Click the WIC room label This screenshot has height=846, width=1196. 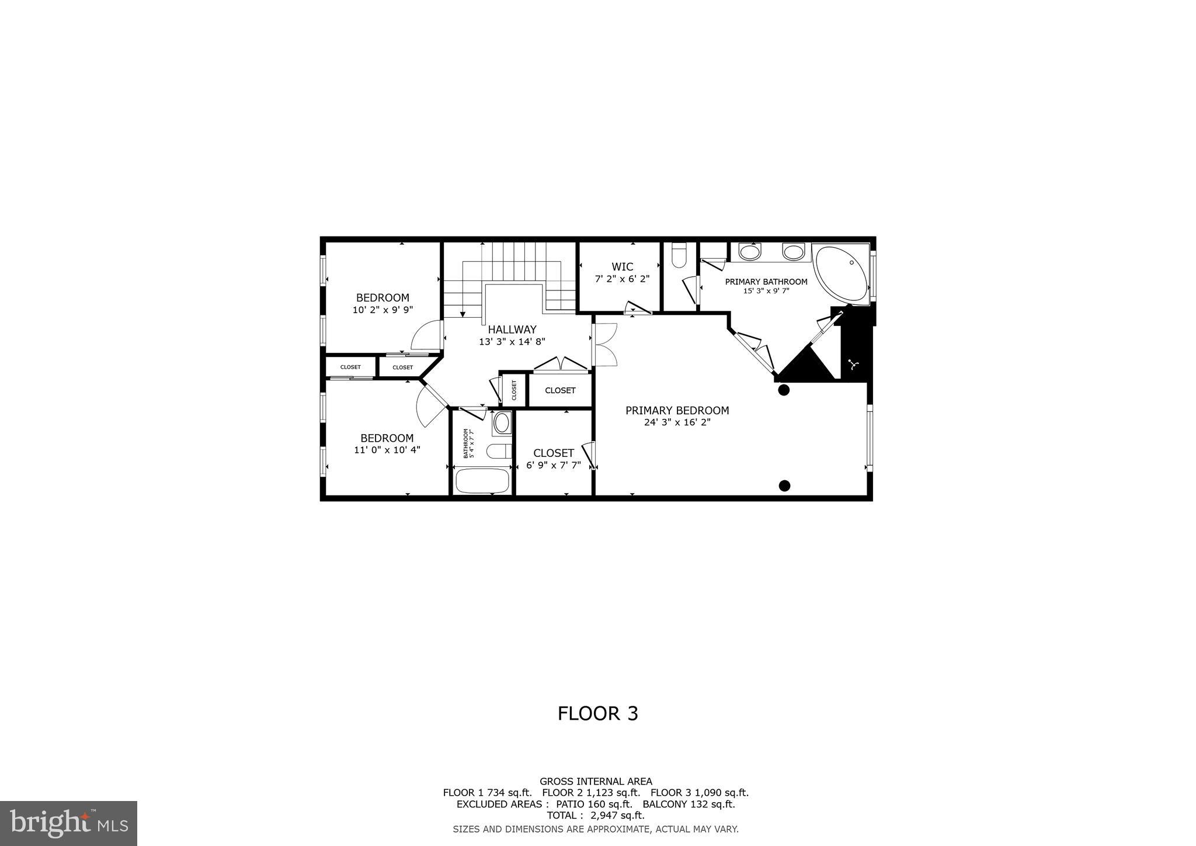click(622, 267)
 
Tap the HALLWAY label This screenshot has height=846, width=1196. click(512, 330)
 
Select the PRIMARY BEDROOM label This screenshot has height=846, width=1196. click(677, 411)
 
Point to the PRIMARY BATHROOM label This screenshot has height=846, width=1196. click(766, 282)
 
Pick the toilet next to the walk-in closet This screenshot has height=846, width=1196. click(679, 256)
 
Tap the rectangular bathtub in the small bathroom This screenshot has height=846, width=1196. click(482, 481)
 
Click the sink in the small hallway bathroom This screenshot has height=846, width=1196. click(502, 423)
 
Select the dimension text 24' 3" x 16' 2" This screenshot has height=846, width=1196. click(677, 422)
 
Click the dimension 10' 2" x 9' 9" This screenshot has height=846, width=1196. click(383, 310)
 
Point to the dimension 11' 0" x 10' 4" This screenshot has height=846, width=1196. click(387, 450)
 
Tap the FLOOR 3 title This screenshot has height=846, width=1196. click(597, 713)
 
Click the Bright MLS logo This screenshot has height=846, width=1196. click(68, 823)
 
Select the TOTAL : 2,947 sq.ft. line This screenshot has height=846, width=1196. click(596, 815)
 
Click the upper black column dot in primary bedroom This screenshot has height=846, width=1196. click(784, 390)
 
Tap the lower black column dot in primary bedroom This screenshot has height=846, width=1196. click(785, 485)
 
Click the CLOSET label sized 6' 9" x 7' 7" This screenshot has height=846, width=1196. click(553, 453)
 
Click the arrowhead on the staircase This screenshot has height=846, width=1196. click(462, 314)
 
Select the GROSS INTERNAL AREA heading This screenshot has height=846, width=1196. click(596, 781)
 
